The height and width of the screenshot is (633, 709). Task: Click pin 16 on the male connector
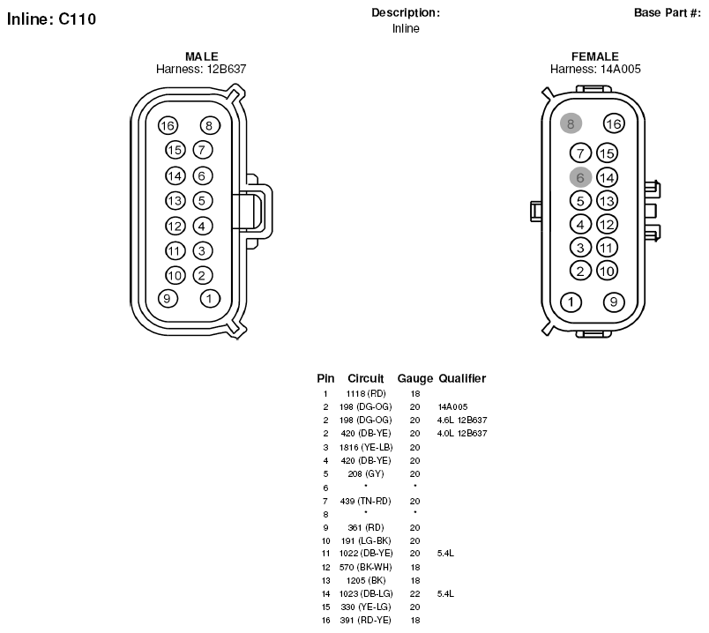168,126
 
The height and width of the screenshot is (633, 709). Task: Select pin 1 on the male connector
209,298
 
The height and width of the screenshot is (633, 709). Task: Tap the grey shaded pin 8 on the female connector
571,123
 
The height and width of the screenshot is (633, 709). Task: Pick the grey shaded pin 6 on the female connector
580,178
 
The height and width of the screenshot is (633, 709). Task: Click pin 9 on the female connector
614,302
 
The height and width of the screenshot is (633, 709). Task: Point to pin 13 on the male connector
175,201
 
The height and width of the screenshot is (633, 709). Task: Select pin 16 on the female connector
614,123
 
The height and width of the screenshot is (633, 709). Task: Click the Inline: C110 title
51,19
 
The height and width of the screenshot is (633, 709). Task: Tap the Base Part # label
668,12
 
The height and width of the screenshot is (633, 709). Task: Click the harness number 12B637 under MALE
227,69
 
